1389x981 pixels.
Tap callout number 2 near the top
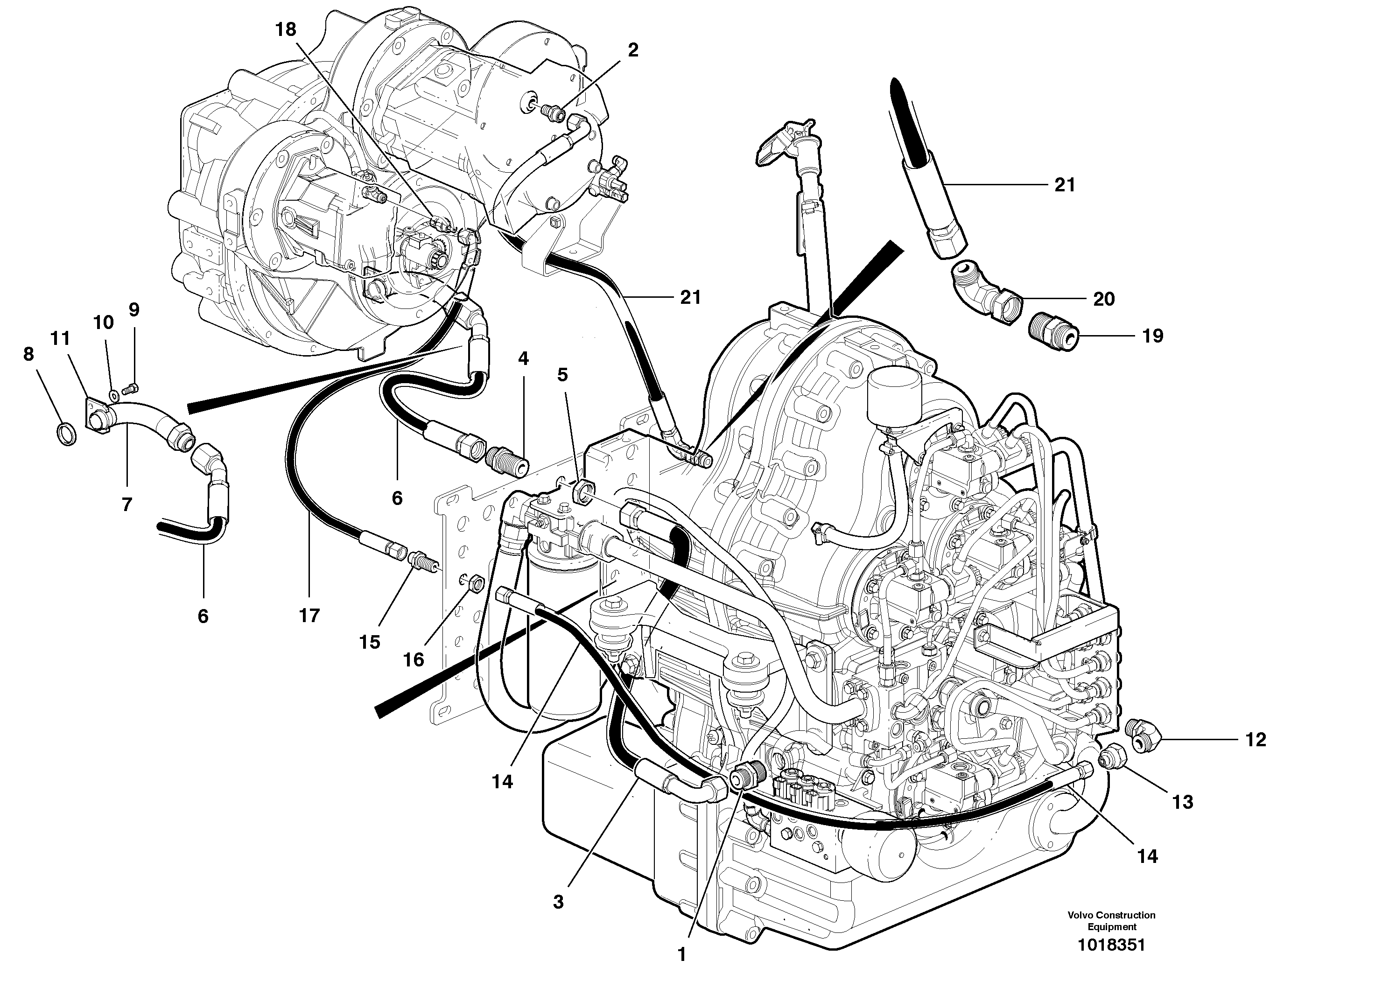tap(633, 50)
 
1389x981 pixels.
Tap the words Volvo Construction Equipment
tap(1111, 920)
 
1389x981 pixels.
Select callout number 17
tap(309, 616)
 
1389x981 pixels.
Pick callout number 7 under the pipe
tap(126, 504)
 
